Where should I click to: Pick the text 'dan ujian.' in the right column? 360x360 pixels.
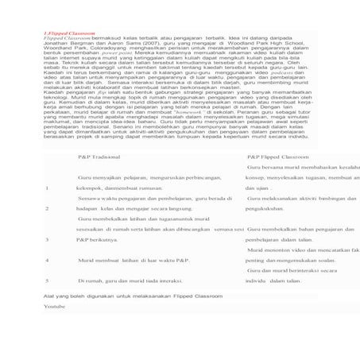point(259,188)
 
